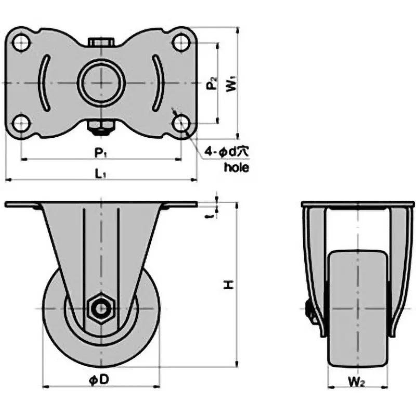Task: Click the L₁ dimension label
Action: pos(101,174)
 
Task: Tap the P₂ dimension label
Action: pos(211,84)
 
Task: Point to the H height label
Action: pos(227,284)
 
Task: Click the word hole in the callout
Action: pos(236,167)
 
